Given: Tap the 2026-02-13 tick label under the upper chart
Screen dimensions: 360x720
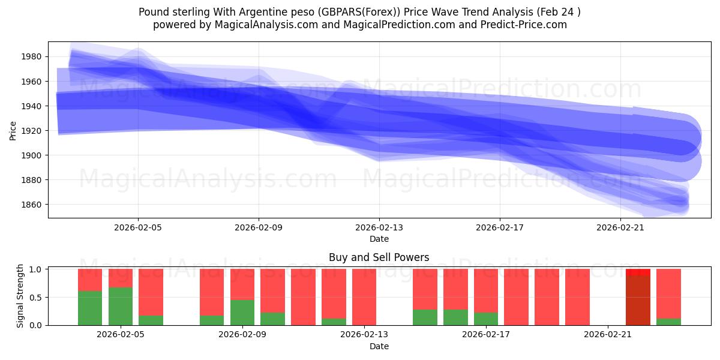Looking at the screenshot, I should (379, 228).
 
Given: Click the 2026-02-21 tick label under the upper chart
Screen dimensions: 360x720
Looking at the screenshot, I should (620, 228).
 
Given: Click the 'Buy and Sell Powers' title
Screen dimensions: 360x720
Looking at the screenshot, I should (379, 258).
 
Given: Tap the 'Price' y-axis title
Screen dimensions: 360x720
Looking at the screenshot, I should (13, 130).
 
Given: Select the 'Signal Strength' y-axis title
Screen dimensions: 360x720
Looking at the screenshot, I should (20, 296).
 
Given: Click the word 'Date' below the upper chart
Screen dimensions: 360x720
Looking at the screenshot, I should (379, 239).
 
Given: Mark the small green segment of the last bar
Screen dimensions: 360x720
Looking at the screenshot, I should (668, 322).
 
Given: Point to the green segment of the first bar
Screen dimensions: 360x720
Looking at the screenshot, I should (90, 308).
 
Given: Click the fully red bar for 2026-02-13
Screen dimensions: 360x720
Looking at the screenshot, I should (364, 297).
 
